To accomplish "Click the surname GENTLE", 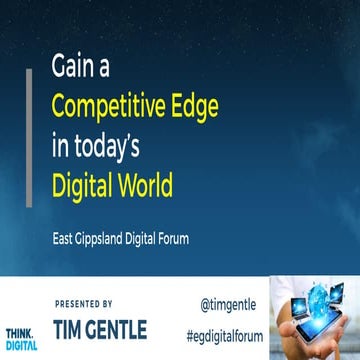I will [x=150, y=328].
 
